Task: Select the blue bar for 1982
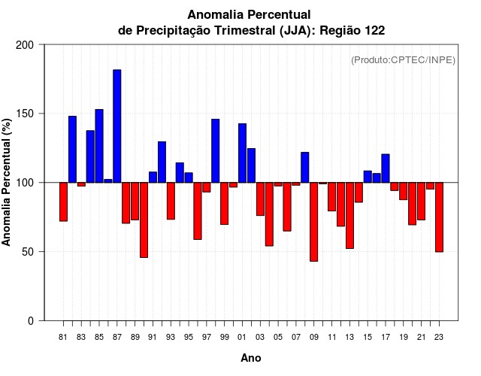(x=72, y=149)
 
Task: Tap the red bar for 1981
(x=63, y=202)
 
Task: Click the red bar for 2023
(x=439, y=217)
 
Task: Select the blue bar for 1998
(x=216, y=150)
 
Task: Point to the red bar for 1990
(x=144, y=220)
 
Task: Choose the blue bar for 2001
(x=242, y=153)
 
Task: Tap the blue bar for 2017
(x=386, y=168)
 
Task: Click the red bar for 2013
(x=349, y=215)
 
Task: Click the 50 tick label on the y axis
(x=29, y=252)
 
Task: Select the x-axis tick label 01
(x=242, y=337)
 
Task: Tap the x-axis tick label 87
(x=117, y=337)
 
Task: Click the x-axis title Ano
(x=251, y=358)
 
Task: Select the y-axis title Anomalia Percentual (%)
(x=7, y=182)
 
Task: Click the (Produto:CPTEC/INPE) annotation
(x=404, y=59)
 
